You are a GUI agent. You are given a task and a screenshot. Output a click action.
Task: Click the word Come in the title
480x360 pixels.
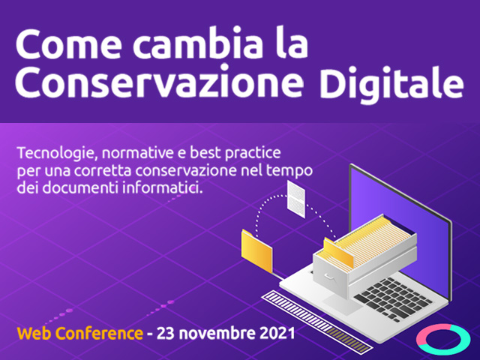68,44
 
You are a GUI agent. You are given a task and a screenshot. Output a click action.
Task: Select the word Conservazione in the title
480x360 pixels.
159,82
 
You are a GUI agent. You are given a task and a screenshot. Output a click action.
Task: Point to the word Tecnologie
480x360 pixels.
58,153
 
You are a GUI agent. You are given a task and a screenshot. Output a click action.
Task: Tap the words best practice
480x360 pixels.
235,153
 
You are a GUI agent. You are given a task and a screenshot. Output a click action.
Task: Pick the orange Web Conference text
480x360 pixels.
80,333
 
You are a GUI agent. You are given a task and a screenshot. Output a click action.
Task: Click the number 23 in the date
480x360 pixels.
165,333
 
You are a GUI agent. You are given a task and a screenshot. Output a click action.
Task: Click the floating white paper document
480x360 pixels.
296,199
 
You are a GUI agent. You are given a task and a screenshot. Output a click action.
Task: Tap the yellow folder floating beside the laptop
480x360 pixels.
256,251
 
